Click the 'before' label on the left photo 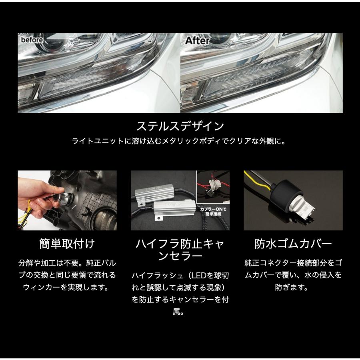[32, 40]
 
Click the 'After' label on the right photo [197, 41]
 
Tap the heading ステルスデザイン [180, 126]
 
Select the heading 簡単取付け [67, 244]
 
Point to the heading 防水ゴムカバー [293, 244]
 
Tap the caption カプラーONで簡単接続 [213, 212]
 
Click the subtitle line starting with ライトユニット [179, 141]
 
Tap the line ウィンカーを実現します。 [66, 287]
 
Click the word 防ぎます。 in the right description [291, 287]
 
